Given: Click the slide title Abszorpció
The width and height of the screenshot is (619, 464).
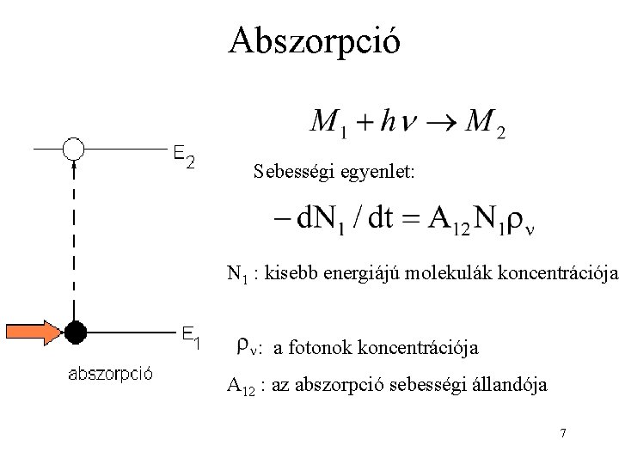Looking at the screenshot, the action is click(314, 40).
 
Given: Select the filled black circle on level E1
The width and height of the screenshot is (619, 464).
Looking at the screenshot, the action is click(76, 330).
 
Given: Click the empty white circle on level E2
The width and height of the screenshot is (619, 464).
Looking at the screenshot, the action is click(74, 149).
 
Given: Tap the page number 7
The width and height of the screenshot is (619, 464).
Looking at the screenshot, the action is click(562, 433).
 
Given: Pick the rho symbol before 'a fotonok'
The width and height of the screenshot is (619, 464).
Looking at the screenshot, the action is click(244, 346).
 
